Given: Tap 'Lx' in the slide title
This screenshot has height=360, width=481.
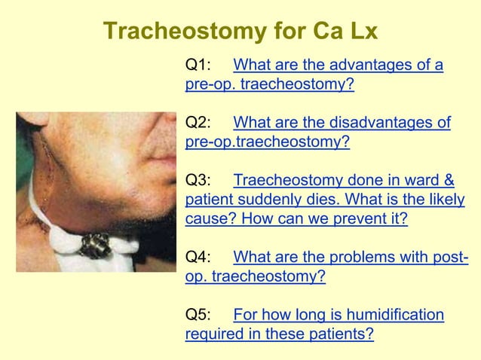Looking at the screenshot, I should click(363, 31).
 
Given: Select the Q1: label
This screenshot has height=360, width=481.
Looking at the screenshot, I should click(198, 66).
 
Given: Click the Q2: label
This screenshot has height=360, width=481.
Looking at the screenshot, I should click(198, 123).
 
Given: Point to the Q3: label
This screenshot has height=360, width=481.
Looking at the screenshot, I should click(198, 181).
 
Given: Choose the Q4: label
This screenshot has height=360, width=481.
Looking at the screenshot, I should click(198, 257).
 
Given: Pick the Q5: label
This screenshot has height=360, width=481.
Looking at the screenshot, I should click(198, 314).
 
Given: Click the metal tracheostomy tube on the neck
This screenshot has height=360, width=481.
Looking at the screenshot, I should click(96, 243).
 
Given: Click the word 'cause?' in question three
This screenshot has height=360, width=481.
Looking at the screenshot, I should click(210, 219).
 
